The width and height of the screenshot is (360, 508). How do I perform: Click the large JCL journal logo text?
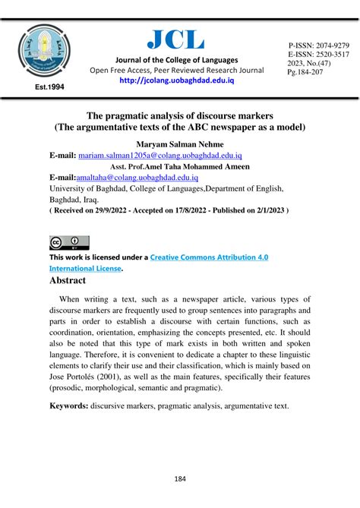pos(175,37)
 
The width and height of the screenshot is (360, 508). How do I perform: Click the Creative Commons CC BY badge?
pos(69,243)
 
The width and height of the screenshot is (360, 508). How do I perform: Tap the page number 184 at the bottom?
pos(179,479)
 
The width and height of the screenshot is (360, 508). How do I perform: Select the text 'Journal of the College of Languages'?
pos(175,59)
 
